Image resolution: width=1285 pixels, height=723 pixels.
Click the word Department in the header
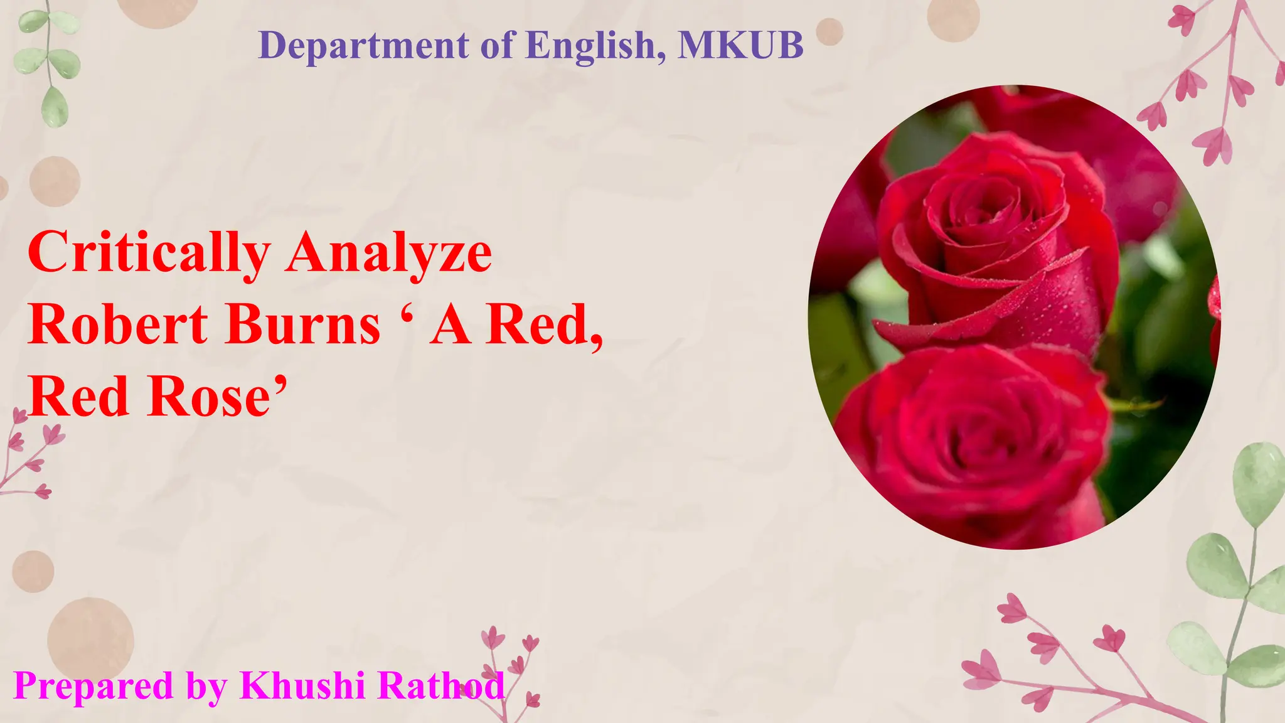click(x=363, y=45)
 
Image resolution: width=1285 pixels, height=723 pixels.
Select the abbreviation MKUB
click(x=740, y=45)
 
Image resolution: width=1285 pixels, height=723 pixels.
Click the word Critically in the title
click(x=149, y=252)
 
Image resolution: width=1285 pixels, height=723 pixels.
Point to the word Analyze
click(x=388, y=252)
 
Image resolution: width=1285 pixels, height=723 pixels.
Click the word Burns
click(x=303, y=325)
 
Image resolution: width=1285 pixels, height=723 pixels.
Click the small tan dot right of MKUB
click(x=829, y=31)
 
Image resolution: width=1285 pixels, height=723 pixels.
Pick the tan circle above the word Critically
click(x=55, y=181)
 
